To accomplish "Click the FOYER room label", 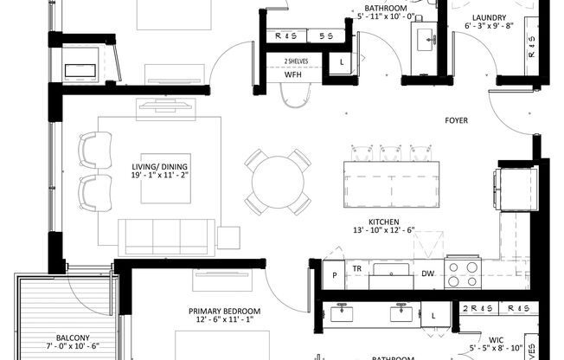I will (456, 121).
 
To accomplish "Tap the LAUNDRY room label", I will (488, 17).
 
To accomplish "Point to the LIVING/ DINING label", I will (161, 167).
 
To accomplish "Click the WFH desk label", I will (294, 75).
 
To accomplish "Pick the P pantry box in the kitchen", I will (334, 274).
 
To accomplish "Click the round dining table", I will (277, 181).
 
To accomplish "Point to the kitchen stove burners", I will (462, 274).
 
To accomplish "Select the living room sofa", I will (167, 235).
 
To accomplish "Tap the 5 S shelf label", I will (326, 37).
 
